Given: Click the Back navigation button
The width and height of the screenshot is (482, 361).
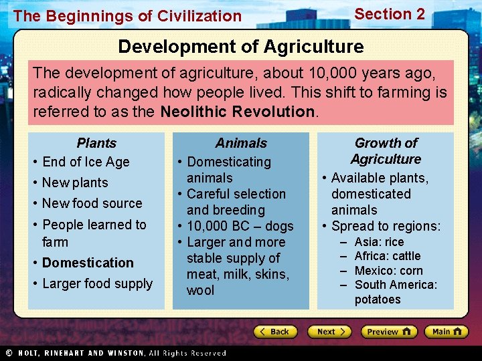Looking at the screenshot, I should pyautogui.click(x=274, y=332).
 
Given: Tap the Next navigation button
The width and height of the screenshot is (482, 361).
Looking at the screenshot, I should pyautogui.click(x=329, y=332).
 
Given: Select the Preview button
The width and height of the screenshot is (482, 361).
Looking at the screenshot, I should pyautogui.click(x=388, y=332).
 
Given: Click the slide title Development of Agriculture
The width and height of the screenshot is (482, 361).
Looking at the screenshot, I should pyautogui.click(x=241, y=47).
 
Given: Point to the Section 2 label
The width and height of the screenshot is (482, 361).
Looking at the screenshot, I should pyautogui.click(x=390, y=14).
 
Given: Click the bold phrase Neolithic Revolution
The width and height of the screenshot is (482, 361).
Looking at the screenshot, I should pyautogui.click(x=237, y=112).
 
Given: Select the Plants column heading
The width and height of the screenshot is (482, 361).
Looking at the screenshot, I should pyautogui.click(x=96, y=143).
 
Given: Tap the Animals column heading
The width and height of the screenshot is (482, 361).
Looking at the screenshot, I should pyautogui.click(x=241, y=143).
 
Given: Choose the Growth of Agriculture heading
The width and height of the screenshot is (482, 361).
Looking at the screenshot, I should pyautogui.click(x=386, y=151).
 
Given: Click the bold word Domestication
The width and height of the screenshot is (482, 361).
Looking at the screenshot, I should pyautogui.click(x=88, y=263).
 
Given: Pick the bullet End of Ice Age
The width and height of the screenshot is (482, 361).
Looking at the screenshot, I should pyautogui.click(x=86, y=162).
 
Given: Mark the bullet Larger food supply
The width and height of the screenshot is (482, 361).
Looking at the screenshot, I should pyautogui.click(x=97, y=283).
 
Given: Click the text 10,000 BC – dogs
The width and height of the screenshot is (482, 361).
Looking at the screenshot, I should pyautogui.click(x=240, y=226).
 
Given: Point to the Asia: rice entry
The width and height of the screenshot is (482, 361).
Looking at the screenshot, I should pyautogui.click(x=379, y=242).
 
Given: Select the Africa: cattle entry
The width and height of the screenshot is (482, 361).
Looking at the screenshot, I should pyautogui.click(x=388, y=256).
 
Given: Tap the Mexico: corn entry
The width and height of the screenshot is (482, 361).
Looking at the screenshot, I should pyautogui.click(x=388, y=271).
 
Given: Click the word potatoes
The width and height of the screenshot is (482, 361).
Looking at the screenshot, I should pyautogui.click(x=378, y=299).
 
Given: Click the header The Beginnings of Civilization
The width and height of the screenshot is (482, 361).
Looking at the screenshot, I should pyautogui.click(x=127, y=16).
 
